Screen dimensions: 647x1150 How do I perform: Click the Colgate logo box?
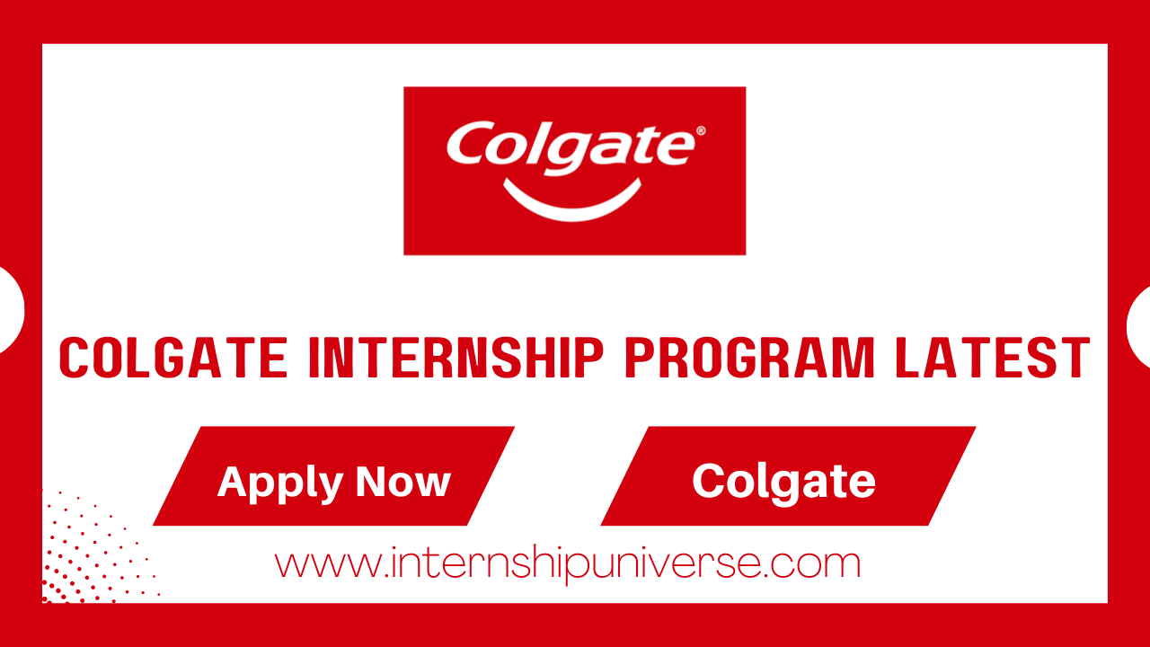(x=574, y=171)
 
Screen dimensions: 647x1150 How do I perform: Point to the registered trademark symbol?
(x=701, y=131)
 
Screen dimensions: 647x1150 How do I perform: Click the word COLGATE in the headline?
(x=173, y=358)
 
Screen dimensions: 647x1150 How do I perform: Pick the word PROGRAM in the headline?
(x=750, y=358)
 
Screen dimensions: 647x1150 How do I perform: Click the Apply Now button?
(x=333, y=476)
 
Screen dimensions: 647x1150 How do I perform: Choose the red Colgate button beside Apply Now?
(x=787, y=476)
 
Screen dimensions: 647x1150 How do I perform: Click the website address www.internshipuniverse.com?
(x=568, y=564)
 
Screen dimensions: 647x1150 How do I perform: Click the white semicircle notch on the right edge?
(x=1139, y=326)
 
